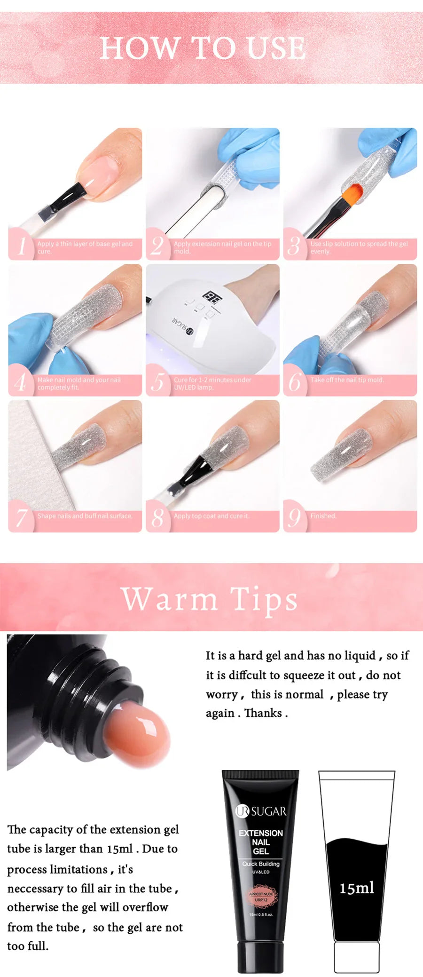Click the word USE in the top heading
tap(277, 48)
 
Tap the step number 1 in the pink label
tap(22, 246)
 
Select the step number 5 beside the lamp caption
tap(158, 381)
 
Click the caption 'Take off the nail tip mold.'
tap(347, 380)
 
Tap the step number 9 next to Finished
tap(294, 517)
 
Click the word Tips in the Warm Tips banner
tap(264, 599)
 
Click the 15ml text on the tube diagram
tap(357, 888)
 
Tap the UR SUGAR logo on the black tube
tap(261, 811)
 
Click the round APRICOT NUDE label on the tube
tap(261, 897)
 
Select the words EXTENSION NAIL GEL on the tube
tap(261, 842)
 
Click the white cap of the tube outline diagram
tap(357, 957)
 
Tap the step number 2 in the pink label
tap(157, 246)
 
